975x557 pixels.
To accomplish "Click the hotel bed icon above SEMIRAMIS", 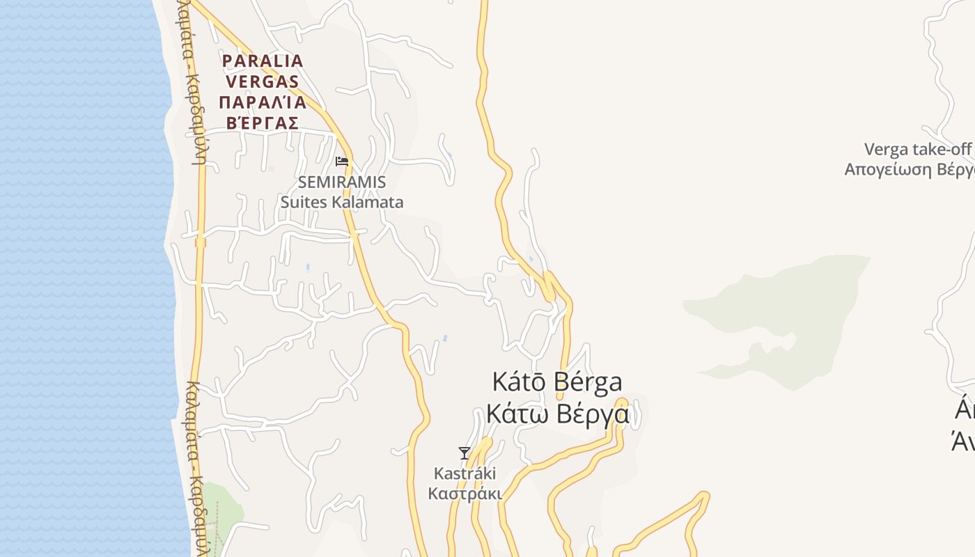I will [341, 161].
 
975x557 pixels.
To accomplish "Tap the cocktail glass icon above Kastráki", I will [465, 453].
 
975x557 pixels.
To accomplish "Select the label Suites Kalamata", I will [341, 203].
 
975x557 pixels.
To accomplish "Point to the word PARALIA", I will [263, 61].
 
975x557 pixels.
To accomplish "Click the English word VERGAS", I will [260, 81].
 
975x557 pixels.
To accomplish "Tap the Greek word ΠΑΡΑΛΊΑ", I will [263, 103].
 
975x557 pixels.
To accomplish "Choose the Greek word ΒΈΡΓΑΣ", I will [263, 123].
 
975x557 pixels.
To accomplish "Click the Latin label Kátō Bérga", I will [557, 382].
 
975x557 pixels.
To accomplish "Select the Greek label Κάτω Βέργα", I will [557, 414].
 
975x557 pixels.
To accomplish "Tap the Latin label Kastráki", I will [465, 473].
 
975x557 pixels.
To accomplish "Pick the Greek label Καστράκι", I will [465, 494].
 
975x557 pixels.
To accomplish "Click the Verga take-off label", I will [917, 149].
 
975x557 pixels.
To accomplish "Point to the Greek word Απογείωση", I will [888, 169].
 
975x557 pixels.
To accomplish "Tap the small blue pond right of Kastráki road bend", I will [445, 339].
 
